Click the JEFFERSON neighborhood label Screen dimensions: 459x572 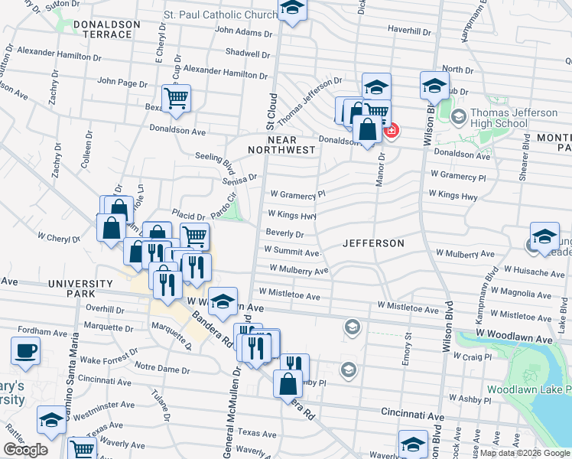pyautogui.click(x=373, y=243)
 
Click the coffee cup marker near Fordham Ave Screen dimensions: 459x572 pyautogui.click(x=25, y=350)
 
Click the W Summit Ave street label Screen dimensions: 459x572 pyautogui.click(x=291, y=250)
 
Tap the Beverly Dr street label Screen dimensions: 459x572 pyautogui.click(x=284, y=233)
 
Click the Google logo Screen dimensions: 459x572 pyautogui.click(x=25, y=450)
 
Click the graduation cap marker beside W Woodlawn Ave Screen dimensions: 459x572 pyautogui.click(x=223, y=301)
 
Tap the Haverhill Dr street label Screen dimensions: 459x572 pyautogui.click(x=411, y=29)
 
